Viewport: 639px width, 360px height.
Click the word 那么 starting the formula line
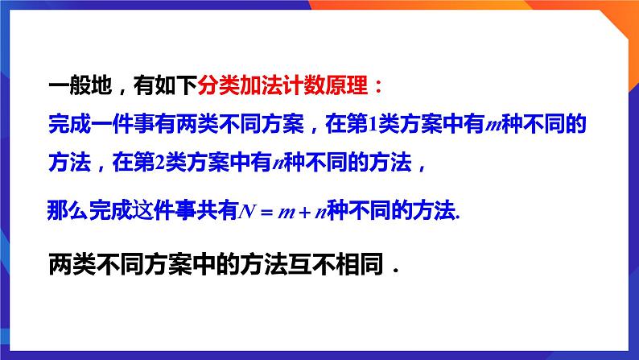[63, 211]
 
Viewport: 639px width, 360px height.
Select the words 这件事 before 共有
[171, 211]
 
